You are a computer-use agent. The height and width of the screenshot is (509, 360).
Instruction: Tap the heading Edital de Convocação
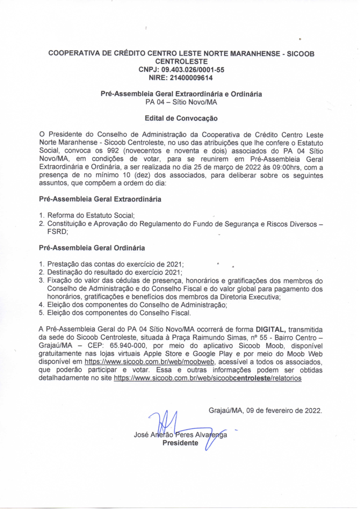click(x=181, y=118)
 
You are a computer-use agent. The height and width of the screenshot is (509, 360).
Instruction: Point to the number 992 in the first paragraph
click(x=113, y=151)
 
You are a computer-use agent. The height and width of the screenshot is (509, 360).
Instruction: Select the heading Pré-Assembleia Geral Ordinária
click(x=92, y=248)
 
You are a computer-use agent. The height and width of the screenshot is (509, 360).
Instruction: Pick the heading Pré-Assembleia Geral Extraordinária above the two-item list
click(x=100, y=199)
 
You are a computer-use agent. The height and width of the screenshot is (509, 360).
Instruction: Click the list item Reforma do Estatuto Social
click(x=91, y=215)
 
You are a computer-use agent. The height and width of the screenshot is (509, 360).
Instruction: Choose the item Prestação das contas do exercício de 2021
click(x=115, y=264)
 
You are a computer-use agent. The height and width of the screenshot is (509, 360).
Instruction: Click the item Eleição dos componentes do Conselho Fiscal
click(x=119, y=313)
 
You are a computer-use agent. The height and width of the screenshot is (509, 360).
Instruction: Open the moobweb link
click(x=150, y=362)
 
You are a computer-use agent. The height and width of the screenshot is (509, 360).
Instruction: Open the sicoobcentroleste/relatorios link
click(x=207, y=378)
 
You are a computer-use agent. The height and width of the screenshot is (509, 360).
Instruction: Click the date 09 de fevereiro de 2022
click(x=284, y=410)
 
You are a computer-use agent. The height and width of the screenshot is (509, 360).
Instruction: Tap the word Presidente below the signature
click(x=180, y=443)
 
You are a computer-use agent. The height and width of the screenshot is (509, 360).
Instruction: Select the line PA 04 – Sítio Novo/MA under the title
click(x=181, y=102)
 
